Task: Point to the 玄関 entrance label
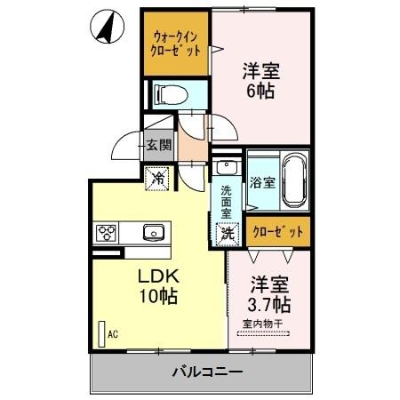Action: (x=159, y=145)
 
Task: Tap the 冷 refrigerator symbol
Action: (x=157, y=176)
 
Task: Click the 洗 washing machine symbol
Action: (x=228, y=234)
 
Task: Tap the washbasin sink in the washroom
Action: (x=225, y=168)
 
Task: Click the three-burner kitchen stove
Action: (x=108, y=234)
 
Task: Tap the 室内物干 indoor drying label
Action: (x=261, y=324)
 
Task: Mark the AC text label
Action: (x=113, y=335)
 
